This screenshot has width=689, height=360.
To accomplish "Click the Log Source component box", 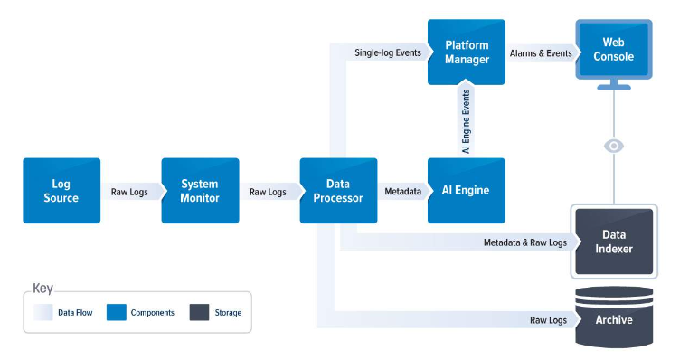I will tap(61, 191).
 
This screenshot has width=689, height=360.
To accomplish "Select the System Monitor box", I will tap(200, 191).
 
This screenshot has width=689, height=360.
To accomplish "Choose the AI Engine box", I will tap(466, 191).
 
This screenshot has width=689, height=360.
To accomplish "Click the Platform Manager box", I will tap(467, 52).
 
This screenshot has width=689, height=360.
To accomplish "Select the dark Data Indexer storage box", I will tap(614, 242).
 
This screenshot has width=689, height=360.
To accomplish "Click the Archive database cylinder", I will tap(614, 318).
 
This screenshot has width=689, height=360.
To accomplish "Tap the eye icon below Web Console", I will tap(614, 146).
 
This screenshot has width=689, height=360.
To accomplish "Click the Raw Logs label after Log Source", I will tap(129, 192).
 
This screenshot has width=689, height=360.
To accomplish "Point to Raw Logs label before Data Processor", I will tap(268, 192).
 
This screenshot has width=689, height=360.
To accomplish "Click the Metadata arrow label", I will tap(402, 192).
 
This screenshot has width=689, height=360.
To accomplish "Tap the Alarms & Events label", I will tap(541, 53).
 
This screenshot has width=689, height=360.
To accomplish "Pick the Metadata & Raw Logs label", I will tap(524, 242).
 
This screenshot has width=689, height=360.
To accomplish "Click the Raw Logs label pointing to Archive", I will tap(548, 320).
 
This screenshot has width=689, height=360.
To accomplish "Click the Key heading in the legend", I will tap(42, 289).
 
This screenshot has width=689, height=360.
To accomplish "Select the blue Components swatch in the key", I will tap(116, 312).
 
